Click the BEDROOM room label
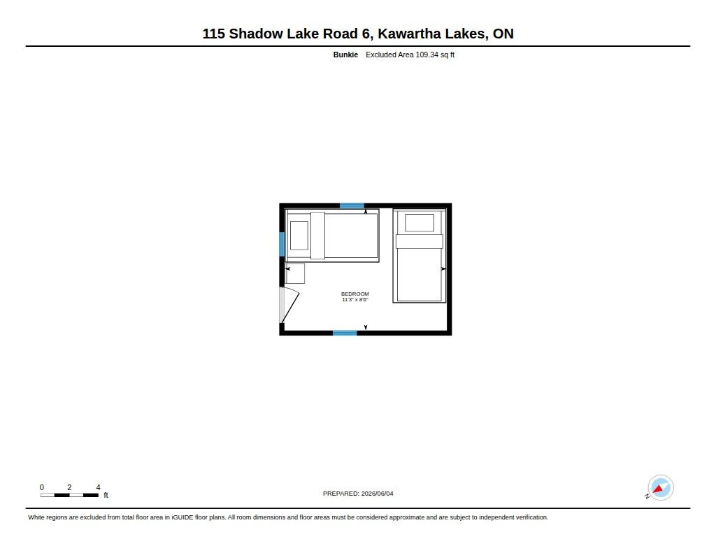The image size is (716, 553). click(x=355, y=294)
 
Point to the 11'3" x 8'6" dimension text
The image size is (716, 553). click(x=355, y=299)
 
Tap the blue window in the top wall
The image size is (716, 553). click(x=352, y=206)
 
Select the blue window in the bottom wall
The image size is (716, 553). click(x=345, y=333)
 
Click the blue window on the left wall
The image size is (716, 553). click(x=282, y=244)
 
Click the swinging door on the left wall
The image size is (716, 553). click(x=289, y=305)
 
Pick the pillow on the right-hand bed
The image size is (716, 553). click(x=420, y=223)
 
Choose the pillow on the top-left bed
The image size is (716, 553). click(x=299, y=236)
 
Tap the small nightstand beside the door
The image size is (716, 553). click(x=295, y=273)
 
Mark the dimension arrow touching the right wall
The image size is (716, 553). click(x=443, y=269)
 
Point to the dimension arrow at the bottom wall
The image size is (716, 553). click(x=366, y=327)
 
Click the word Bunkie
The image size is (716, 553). click(x=345, y=55)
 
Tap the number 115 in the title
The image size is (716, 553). click(x=214, y=34)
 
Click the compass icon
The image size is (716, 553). click(x=660, y=488)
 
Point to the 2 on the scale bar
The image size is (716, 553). click(x=69, y=487)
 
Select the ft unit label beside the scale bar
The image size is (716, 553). click(x=106, y=495)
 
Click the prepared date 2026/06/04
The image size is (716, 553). click(x=377, y=494)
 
